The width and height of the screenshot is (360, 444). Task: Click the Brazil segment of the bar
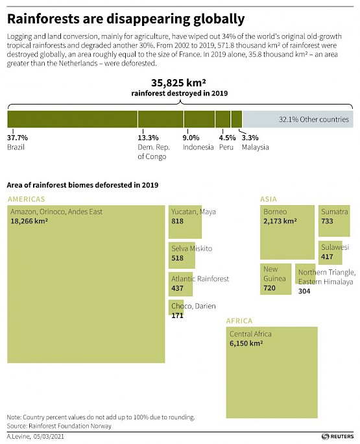pyautogui.click(x=73, y=119)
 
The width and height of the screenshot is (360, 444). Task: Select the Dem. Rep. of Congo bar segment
pyautogui.click(x=161, y=119)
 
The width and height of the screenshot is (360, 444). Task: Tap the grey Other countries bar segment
pyautogui.click(x=298, y=119)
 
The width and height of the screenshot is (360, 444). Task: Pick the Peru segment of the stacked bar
pyautogui.click(x=222, y=119)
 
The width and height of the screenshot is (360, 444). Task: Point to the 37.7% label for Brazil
pyautogui.click(x=18, y=138)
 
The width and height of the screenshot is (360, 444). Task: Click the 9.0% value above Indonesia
pyautogui.click(x=191, y=138)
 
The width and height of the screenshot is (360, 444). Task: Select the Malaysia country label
pyautogui.click(x=256, y=147)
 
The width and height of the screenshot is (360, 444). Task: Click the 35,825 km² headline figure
pyautogui.click(x=178, y=82)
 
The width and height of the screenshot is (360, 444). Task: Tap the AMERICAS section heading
pyautogui.click(x=27, y=199)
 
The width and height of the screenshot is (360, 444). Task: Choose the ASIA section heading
pyautogui.click(x=269, y=199)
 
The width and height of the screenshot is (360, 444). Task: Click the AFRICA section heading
pyautogui.click(x=239, y=321)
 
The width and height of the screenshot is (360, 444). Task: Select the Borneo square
pyautogui.click(x=287, y=232)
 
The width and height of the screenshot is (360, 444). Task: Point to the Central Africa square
pyautogui.click(x=272, y=373)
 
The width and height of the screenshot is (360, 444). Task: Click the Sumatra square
pyautogui.click(x=334, y=221)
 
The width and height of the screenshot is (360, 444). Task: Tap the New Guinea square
pyautogui.click(x=276, y=279)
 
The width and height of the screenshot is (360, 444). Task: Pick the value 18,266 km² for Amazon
pyautogui.click(x=29, y=221)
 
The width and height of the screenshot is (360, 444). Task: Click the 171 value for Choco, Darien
pyautogui.click(x=178, y=315)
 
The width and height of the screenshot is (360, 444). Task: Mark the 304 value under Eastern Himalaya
pyautogui.click(x=304, y=291)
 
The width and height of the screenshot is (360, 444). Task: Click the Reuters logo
pyautogui.click(x=338, y=436)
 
